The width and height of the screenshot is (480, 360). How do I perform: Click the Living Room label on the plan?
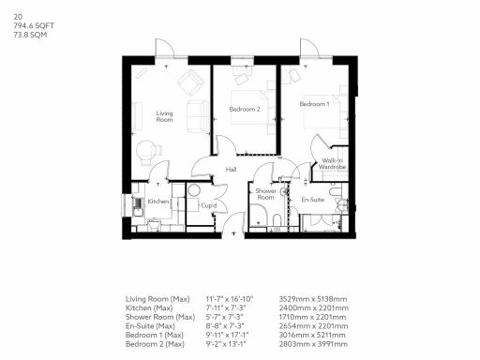coord(165,117)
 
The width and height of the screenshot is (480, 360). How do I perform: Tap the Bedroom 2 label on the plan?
coord(245,110)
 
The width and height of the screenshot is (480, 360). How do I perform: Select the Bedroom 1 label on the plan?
coord(315,102)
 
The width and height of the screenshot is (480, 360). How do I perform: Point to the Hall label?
coord(231,170)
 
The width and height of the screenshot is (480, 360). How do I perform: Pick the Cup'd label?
coord(209,205)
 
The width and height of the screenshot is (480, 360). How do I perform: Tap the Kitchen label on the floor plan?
coord(158,202)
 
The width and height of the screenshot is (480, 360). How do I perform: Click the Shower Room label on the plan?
coord(266,195)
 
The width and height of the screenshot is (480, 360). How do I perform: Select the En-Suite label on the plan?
coord(312,200)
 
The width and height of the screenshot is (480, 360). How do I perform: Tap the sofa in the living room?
coord(196,116)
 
